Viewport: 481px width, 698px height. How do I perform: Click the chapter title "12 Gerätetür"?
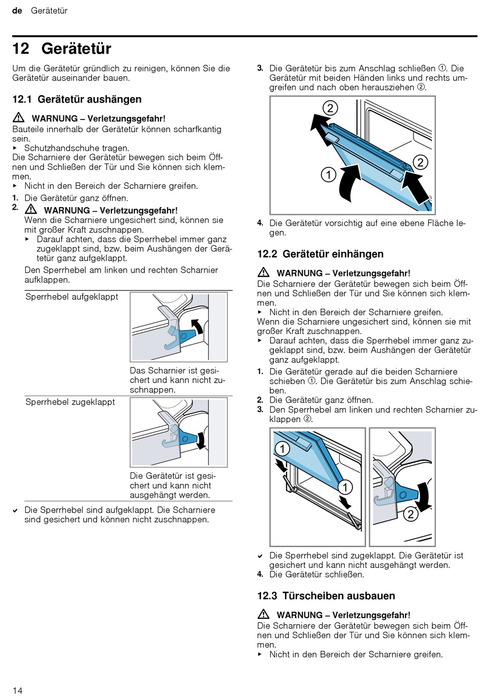(x=62, y=49)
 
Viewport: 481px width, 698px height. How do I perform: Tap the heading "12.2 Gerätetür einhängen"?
(x=320, y=254)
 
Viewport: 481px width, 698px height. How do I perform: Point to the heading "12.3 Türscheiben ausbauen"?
(x=326, y=596)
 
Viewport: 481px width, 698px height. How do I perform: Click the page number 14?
(x=18, y=690)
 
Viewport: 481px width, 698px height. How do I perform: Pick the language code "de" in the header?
(x=17, y=11)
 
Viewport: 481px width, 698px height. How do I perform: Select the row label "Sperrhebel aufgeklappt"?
(x=71, y=297)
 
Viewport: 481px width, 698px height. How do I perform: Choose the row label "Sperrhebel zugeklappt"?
(x=70, y=402)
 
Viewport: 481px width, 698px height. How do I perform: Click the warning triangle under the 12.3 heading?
(x=263, y=614)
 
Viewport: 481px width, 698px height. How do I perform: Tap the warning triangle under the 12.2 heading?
(x=263, y=273)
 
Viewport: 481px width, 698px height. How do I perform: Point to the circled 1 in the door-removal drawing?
(x=329, y=175)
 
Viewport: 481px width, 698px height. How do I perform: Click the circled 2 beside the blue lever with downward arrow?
(x=410, y=514)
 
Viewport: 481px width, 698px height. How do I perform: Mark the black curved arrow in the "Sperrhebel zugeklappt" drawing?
(x=202, y=439)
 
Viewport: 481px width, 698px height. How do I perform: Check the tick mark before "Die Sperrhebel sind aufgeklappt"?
(x=16, y=511)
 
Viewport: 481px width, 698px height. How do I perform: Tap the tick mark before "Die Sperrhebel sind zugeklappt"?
(x=260, y=556)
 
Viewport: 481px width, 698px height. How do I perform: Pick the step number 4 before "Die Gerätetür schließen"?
(x=260, y=574)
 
